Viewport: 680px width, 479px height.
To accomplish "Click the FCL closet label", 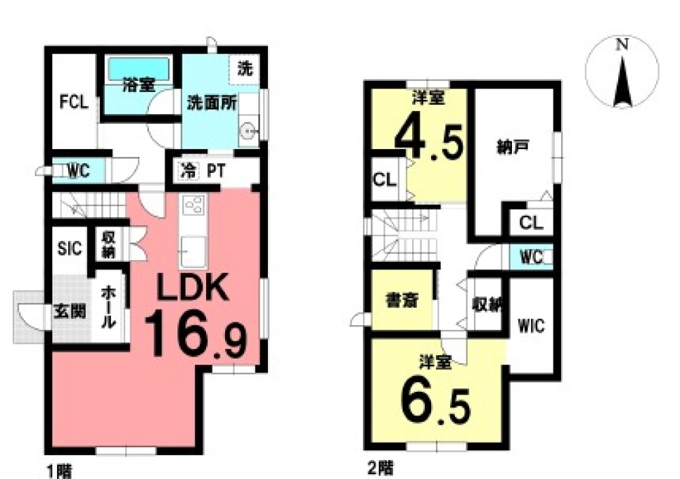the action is pos(74,102).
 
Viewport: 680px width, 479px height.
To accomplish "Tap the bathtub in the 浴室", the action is pos(138,69).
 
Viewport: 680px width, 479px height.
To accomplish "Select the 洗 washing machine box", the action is pos(244,69).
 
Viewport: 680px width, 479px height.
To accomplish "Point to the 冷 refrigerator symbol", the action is pos(188,171).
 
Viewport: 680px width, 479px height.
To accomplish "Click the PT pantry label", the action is pos(216,171).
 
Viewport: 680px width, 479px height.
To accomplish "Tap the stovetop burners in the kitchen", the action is pos(193,205).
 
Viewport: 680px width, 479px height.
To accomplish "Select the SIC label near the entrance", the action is pos(70,248).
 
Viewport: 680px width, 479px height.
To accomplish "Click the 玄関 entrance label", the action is pos(70,311).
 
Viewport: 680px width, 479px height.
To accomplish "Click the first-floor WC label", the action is pos(78,171).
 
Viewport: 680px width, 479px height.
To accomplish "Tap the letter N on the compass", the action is pos(623,44).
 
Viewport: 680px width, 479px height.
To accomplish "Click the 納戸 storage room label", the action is pos(512,148).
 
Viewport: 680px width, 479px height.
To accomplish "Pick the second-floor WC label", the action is pos(531,257).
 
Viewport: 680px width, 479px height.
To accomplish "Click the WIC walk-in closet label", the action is pos(531,325).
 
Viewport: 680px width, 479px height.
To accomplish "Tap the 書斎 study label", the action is pos(402,300).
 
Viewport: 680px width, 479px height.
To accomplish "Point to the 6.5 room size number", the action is pos(435,402).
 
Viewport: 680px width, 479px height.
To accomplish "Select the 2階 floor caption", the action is pos(380,468).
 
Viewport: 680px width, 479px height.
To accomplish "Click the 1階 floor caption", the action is pos(59,472).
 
